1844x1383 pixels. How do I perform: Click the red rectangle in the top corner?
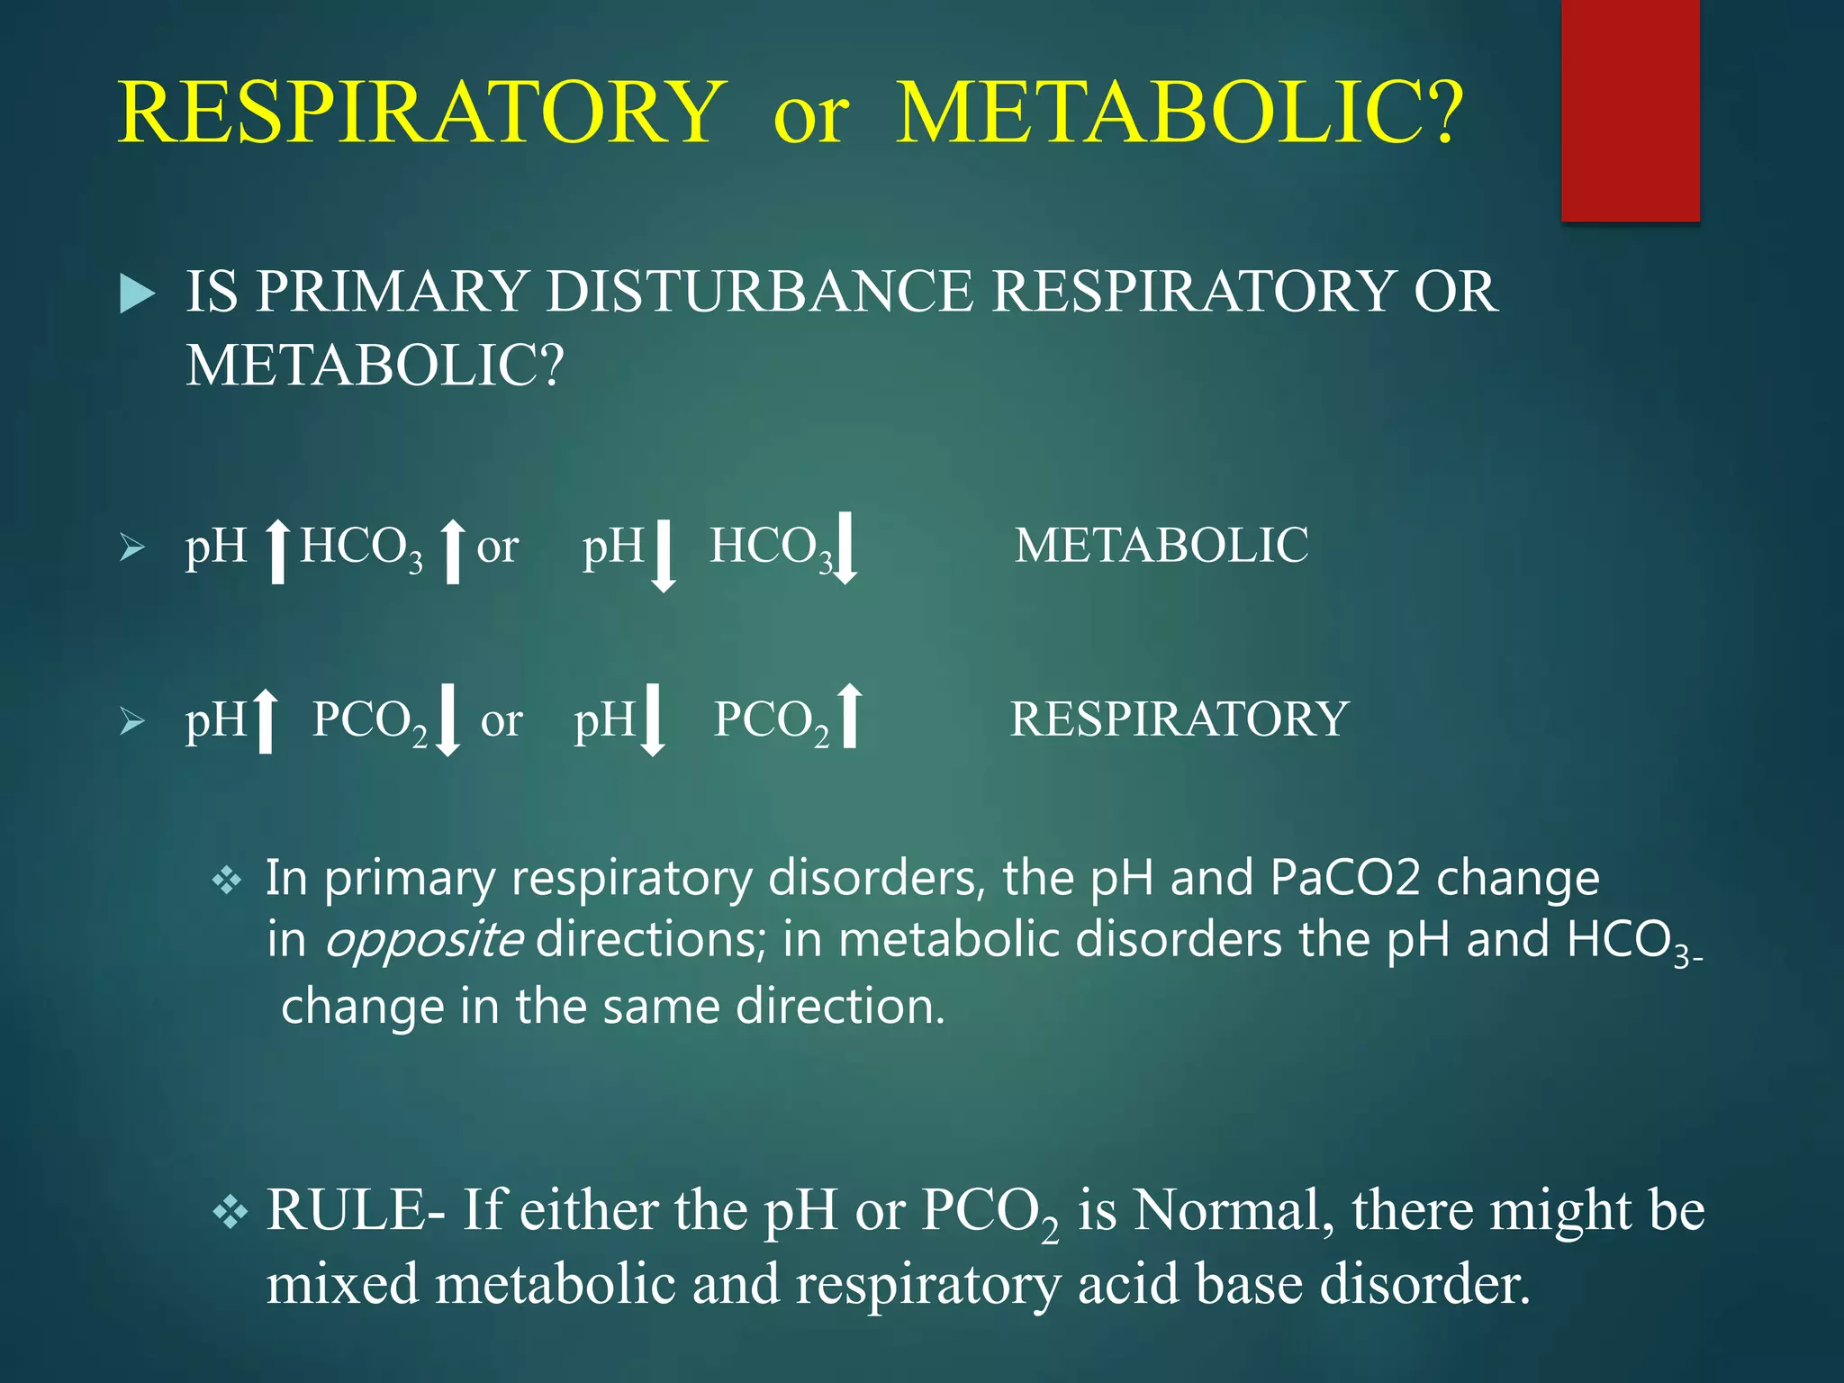[x=1630, y=110]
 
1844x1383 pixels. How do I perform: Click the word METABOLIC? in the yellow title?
[x=1180, y=113]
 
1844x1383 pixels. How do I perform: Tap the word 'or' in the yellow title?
[x=810, y=115]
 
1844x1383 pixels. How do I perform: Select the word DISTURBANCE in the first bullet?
[x=760, y=292]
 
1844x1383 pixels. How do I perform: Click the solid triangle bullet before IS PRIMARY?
[x=137, y=294]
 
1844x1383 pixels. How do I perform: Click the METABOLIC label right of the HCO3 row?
[x=1162, y=546]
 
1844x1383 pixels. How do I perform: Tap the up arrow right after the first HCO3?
[x=453, y=551]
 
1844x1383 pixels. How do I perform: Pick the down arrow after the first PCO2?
[x=447, y=719]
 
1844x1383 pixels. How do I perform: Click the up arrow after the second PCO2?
[x=849, y=717]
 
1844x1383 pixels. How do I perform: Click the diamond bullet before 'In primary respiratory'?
[x=227, y=880]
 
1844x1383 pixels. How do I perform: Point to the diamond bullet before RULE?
[x=230, y=1212]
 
